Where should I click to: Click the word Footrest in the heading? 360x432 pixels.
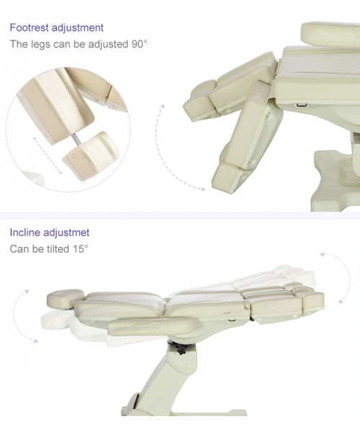[x=30, y=27]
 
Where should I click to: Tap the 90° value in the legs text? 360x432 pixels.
[x=140, y=44]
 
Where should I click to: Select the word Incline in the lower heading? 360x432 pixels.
[x=25, y=233]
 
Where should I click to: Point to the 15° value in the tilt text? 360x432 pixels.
[x=81, y=249]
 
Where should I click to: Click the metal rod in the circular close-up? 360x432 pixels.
[x=76, y=139]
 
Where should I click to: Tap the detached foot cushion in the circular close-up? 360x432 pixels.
[x=91, y=156]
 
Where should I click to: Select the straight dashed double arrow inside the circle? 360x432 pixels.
[x=48, y=156]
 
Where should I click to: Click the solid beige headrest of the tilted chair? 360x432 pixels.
[x=65, y=298]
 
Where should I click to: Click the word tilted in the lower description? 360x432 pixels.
[x=58, y=249]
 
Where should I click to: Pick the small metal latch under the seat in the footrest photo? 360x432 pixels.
[x=302, y=104]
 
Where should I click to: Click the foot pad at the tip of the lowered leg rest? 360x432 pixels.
[x=230, y=178]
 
